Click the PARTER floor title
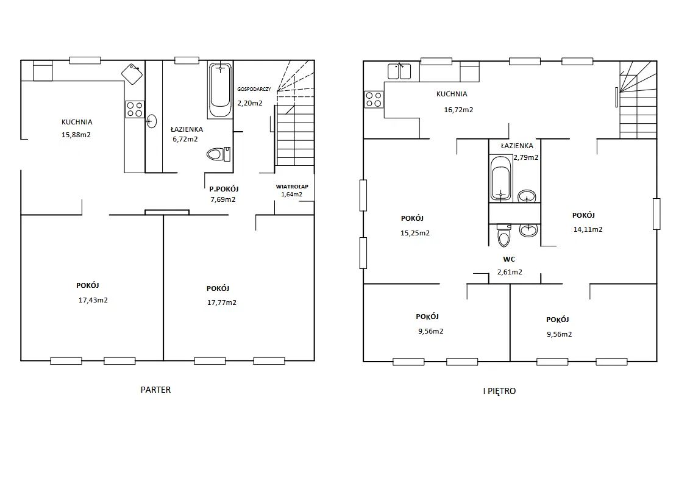pos(155,390)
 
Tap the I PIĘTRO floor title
pos(499,390)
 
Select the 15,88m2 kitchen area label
pos(76,135)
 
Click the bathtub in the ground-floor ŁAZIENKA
pos(220,90)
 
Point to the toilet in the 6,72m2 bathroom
pos(218,154)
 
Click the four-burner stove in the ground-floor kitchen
pos(135,110)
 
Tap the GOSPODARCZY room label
pos(254,89)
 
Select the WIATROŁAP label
pos(292,186)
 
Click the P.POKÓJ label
pos(224,189)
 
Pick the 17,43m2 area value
pos(93,300)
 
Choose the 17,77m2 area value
pos(222,302)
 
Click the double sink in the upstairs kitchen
pos(399,71)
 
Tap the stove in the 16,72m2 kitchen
pos(374,99)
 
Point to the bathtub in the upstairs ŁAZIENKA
pos(501,178)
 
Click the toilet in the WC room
pos(503,235)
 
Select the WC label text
pos(509,259)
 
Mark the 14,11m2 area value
pos(588,229)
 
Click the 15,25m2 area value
pos(415,233)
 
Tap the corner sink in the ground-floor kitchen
pos(132,74)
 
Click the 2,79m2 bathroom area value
pos(526,157)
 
